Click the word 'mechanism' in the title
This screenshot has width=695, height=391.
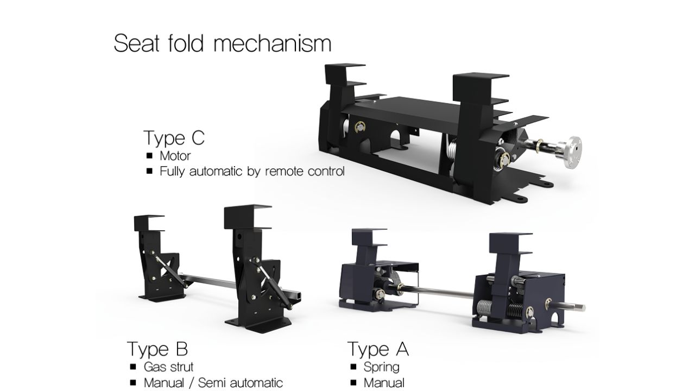coord(273,43)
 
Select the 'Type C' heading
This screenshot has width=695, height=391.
coord(174,138)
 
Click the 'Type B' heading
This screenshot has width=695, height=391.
coord(157,349)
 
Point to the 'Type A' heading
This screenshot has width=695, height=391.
coord(378,349)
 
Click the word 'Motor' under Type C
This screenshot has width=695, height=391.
coord(175,156)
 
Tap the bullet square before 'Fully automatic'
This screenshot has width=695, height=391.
coord(149,171)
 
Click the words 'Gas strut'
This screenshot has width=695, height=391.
coord(168,367)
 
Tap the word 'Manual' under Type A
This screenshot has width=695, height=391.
coord(384,383)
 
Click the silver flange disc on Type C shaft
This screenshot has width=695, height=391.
coord(572,152)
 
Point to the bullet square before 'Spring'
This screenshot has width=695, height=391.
coord(353,367)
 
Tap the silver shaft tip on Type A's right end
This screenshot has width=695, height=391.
coord(581,308)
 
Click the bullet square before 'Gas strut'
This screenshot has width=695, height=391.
coord(133,367)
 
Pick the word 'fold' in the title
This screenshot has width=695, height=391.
coord(186,43)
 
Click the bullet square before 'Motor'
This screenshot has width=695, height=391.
coord(149,155)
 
